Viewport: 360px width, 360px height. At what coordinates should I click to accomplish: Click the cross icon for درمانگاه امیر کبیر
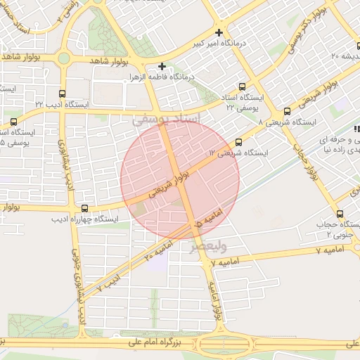click(x=220, y=32)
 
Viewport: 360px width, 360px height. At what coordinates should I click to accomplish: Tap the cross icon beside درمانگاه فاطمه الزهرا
click(x=162, y=65)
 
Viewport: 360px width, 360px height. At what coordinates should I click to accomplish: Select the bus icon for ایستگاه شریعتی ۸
click(x=287, y=111)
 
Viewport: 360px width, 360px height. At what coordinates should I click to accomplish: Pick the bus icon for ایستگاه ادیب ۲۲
click(x=63, y=93)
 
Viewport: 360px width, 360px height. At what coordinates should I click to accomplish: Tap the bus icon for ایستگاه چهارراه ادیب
click(x=85, y=208)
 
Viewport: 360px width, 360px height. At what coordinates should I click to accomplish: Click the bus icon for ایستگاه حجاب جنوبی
click(x=340, y=214)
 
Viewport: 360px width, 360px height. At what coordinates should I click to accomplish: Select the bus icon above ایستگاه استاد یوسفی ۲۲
click(x=243, y=86)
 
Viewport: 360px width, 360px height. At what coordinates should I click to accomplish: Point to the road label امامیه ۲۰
click(x=159, y=250)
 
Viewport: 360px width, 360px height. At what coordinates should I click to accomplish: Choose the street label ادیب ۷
click(x=109, y=283)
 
